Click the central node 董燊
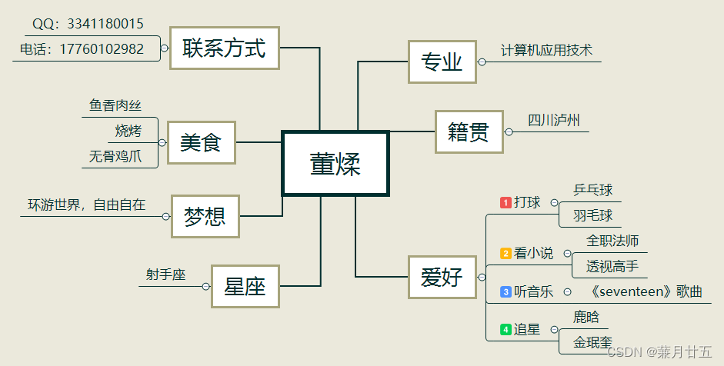point(335,164)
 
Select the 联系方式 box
point(224,48)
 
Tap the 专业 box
point(442,62)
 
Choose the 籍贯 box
point(469,132)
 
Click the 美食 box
point(201,142)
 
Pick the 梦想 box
point(205,217)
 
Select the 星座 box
point(245,287)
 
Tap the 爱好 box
point(442,277)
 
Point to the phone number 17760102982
point(102,48)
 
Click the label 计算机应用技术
point(546,51)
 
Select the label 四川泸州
point(554,120)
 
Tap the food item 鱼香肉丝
point(115,105)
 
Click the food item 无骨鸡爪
point(115,156)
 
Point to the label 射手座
point(166,274)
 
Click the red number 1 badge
point(505,202)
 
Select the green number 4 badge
point(505,329)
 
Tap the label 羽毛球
point(592,215)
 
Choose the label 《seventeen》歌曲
point(646,291)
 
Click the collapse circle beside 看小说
point(567,253)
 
